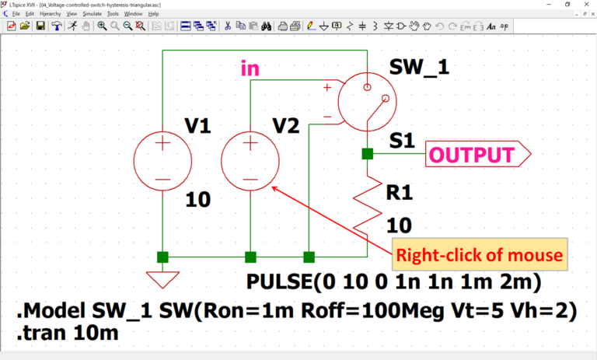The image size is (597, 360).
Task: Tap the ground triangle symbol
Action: [x=162, y=278]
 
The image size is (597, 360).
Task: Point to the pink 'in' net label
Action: [x=250, y=69]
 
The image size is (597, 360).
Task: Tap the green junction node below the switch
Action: [x=367, y=154]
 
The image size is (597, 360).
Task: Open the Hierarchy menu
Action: [x=51, y=14]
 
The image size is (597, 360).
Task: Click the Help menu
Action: [x=153, y=14]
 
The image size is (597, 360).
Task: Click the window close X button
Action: [x=588, y=5]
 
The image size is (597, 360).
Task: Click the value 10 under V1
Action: [x=198, y=201]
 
